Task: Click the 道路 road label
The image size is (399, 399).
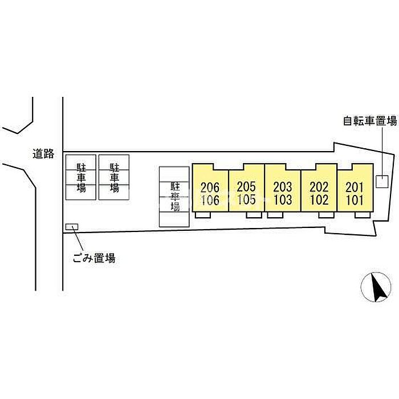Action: pyautogui.click(x=43, y=154)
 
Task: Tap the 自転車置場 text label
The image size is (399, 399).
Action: pyautogui.click(x=370, y=121)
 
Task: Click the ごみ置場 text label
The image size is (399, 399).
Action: pyautogui.click(x=94, y=258)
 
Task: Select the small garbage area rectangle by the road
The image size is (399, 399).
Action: pyautogui.click(x=72, y=227)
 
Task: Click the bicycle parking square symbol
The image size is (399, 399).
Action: pyautogui.click(x=382, y=182)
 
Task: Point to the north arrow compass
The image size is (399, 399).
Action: pyautogui.click(x=376, y=287)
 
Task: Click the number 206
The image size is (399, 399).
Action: pyautogui.click(x=210, y=188)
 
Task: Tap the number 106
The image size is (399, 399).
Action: pyautogui.click(x=210, y=200)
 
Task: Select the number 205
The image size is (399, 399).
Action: pyautogui.click(x=246, y=187)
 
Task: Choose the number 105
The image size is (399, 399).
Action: pyautogui.click(x=246, y=199)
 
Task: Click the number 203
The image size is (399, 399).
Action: pyautogui.click(x=283, y=187)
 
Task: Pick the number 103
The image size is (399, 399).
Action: pyautogui.click(x=283, y=199)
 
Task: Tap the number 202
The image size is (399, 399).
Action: pyautogui.click(x=319, y=187)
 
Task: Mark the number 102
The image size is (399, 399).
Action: pyautogui.click(x=319, y=199)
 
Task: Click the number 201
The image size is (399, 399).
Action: pyautogui.click(x=355, y=188)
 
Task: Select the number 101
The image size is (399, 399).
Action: pyautogui.click(x=355, y=199)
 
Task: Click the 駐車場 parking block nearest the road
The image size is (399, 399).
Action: pyautogui.click(x=81, y=177)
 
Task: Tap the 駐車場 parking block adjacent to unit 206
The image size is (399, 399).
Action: pyautogui.click(x=174, y=197)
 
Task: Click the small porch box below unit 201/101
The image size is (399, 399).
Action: pyautogui.click(x=363, y=215)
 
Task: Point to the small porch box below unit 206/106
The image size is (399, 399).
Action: pyautogui.click(x=203, y=215)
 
